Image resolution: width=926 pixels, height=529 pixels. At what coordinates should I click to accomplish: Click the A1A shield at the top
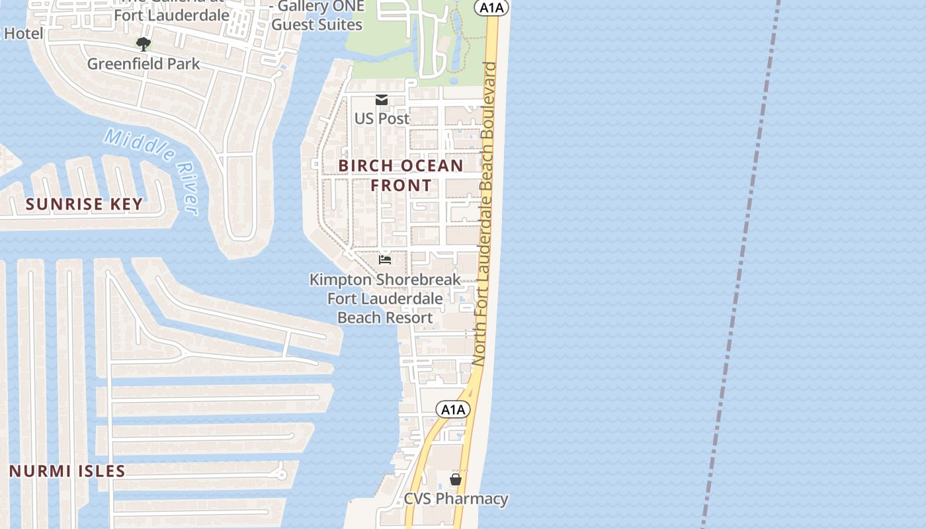tap(491, 7)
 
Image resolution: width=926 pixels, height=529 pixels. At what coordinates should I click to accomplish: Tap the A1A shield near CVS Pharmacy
tap(453, 409)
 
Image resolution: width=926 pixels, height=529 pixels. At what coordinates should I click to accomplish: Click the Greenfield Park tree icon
tap(143, 44)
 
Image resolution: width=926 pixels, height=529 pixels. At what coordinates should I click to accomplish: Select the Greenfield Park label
tap(144, 64)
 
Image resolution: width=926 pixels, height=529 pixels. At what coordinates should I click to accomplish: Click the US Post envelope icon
tap(382, 100)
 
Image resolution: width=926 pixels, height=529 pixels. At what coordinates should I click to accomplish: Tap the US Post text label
tap(382, 118)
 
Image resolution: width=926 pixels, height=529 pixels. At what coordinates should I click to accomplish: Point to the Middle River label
tap(153, 169)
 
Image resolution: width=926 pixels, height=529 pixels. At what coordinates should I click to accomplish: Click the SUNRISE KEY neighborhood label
tap(84, 204)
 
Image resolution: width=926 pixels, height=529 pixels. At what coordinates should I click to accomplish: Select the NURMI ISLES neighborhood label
tap(67, 471)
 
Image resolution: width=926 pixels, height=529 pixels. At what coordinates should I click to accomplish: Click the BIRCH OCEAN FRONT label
tap(401, 175)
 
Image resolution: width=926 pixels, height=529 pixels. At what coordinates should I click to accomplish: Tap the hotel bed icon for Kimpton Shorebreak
tap(385, 260)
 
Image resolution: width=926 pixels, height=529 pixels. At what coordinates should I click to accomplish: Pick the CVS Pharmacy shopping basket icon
tap(456, 479)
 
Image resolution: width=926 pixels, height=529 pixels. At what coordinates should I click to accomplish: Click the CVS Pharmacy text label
tap(456, 499)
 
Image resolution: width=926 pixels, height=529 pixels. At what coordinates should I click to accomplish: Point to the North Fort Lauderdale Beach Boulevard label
tap(484, 212)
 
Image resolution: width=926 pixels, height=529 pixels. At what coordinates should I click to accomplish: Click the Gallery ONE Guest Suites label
tap(317, 16)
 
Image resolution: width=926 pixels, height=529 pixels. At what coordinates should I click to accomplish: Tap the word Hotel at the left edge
tap(23, 33)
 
